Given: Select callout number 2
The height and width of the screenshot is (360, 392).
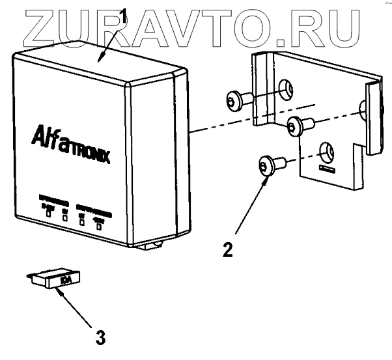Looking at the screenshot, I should pos(227,249).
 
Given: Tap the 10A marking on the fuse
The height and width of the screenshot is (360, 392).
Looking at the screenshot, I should pos(65,281).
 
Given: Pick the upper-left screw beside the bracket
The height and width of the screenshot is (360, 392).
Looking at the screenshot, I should pos(235,101).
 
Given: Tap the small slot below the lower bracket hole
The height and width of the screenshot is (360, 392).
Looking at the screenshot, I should pos(328,170).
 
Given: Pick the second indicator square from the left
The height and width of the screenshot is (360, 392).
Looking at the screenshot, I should pos(65,219).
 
